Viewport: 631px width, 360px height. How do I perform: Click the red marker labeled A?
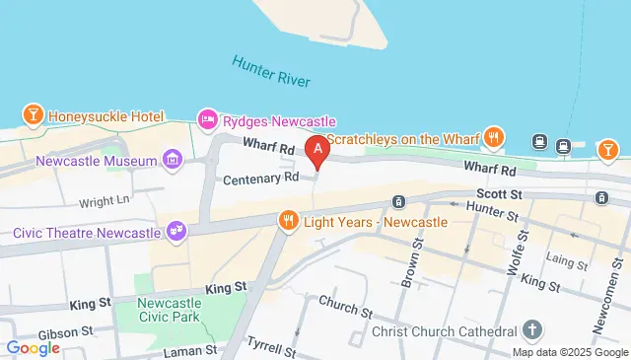click(x=317, y=151)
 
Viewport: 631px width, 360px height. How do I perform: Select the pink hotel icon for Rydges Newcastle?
click(x=208, y=119)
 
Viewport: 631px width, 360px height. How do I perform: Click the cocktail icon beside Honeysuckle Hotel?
click(x=34, y=115)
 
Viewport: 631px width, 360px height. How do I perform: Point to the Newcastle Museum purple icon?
click(x=173, y=160)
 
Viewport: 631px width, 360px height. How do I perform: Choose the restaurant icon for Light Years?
click(x=289, y=219)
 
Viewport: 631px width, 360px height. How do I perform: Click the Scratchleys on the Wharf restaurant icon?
click(x=495, y=137)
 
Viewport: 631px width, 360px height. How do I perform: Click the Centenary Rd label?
click(x=260, y=180)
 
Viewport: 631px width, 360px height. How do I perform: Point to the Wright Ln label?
click(x=105, y=201)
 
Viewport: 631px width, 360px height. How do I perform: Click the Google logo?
click(x=34, y=347)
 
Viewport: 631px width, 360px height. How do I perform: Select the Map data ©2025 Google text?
click(x=568, y=352)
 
